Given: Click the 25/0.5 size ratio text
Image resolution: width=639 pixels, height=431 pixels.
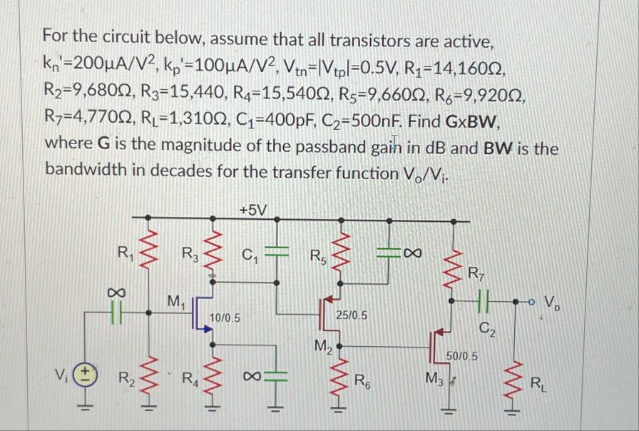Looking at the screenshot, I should point(352,315).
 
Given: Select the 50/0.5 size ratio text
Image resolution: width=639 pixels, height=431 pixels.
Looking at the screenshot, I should point(462,355).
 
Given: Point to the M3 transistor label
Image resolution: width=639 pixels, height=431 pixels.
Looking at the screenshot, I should point(434,376).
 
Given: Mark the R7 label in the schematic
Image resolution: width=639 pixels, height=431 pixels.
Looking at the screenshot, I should point(476,272).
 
